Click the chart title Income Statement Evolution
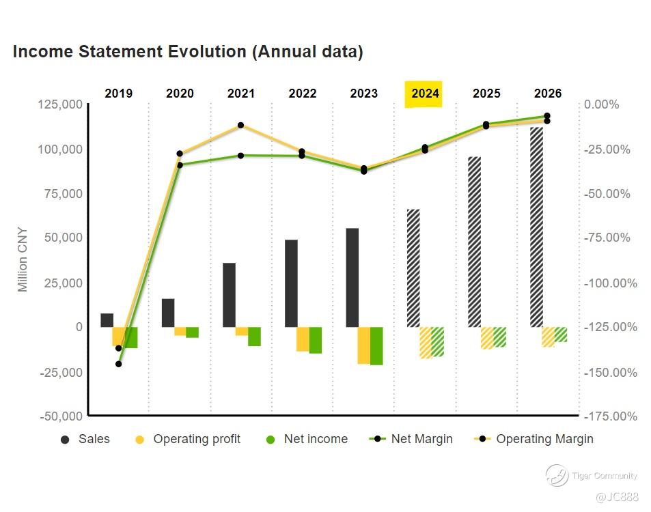click(x=188, y=52)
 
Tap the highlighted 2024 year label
click(x=425, y=94)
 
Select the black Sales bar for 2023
click(x=352, y=277)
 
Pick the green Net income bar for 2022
click(x=316, y=340)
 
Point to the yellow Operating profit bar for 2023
click(x=364, y=345)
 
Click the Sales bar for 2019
click(x=107, y=320)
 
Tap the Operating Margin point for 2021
click(x=240, y=126)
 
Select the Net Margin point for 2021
click(x=240, y=156)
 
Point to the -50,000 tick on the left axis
click(x=61, y=416)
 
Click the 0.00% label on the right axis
click(x=601, y=104)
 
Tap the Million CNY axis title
click(x=23, y=259)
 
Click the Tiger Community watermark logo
click(x=557, y=475)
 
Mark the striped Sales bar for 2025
click(x=475, y=242)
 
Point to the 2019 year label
click(x=119, y=94)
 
